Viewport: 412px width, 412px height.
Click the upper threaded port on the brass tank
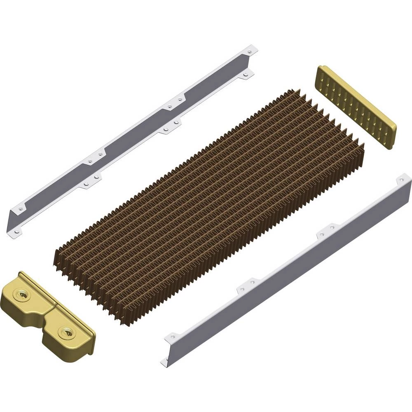click(x=21, y=294)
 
